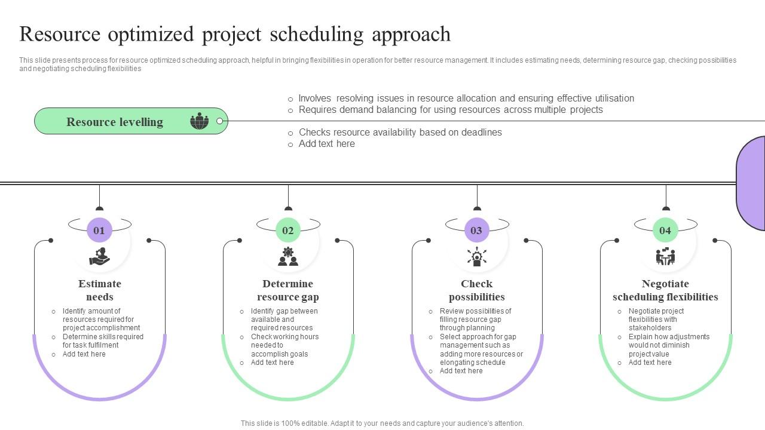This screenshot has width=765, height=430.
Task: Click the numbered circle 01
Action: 99,231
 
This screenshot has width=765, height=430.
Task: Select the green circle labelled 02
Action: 288,231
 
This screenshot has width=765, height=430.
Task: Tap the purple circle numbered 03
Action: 476,231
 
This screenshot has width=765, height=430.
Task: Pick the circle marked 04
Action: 665,231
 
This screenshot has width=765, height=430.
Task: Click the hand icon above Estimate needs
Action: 99,257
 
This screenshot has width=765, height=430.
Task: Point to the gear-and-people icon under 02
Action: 288,257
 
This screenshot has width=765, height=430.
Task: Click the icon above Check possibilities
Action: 476,257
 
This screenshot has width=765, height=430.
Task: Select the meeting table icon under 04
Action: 665,257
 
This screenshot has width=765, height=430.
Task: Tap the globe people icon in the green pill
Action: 200,121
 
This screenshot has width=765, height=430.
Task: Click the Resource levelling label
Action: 115,122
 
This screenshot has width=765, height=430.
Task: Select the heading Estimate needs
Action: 99,290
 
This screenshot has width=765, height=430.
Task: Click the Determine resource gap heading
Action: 288,290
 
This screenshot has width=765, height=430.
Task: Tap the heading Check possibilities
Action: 476,290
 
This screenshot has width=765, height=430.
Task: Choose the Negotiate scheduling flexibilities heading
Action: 665,290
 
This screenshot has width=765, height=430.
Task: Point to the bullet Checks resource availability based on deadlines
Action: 400,133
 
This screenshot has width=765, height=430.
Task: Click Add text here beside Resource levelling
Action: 326,144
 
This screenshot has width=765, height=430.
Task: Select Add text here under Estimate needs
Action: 84,354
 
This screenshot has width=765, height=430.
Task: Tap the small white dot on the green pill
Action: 219,121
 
